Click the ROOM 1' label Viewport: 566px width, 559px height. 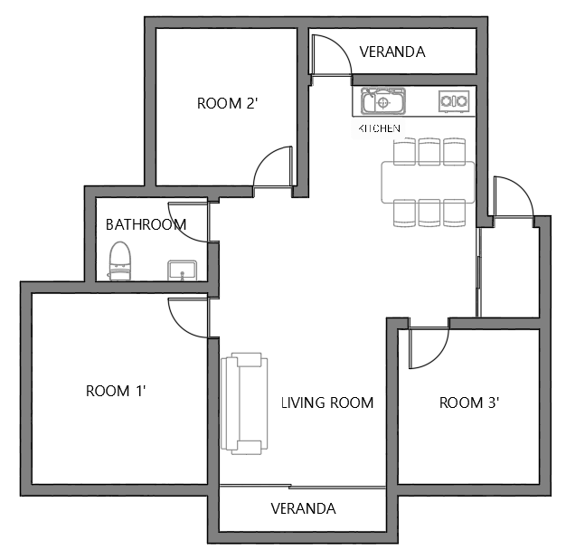point(116,391)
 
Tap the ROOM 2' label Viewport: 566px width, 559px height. point(228,103)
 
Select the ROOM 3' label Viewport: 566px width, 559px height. point(469,403)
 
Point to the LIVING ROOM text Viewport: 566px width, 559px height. point(327,403)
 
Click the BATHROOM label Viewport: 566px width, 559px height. point(146,224)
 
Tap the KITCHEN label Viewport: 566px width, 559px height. point(379,128)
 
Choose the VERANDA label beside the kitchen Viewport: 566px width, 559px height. point(392,52)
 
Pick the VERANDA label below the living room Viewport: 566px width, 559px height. point(303,508)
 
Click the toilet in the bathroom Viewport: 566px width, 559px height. point(119,261)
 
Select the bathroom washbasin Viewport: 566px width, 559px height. point(183,270)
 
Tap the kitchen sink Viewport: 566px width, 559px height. point(383,100)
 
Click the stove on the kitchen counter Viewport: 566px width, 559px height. point(454,101)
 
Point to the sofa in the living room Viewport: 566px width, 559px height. point(244,403)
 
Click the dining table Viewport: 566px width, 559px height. point(428,183)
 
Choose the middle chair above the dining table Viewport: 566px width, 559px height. point(429,152)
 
